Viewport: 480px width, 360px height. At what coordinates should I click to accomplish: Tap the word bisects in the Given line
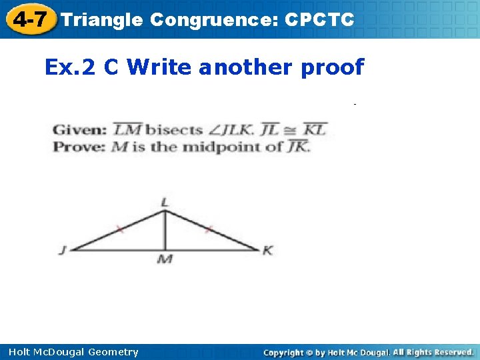[175, 130]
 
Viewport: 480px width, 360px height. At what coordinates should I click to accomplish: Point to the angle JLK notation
[235, 130]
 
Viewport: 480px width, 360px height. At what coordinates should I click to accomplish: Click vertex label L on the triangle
[165, 202]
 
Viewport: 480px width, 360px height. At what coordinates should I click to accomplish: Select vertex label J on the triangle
[62, 251]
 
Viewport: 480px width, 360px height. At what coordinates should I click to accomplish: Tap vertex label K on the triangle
[268, 251]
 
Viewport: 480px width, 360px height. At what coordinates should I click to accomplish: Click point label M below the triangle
[165, 259]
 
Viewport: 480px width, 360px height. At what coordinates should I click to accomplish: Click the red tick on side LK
[208, 230]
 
